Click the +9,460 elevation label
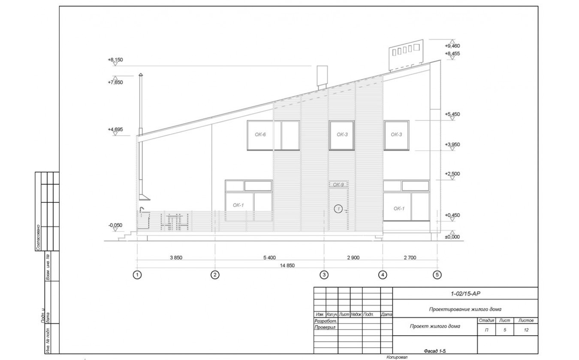[452, 46]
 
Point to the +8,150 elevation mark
[115, 60]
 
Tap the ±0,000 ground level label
[452, 237]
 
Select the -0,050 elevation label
[115, 225]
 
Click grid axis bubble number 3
[324, 275]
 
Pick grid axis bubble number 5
[437, 275]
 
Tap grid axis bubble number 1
[137, 275]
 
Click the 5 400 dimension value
[269, 258]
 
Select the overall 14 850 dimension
[287, 265]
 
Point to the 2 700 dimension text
[410, 258]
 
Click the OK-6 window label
[260, 135]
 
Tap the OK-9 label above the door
[338, 185]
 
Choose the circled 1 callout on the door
[338, 209]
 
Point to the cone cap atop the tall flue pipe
[141, 75]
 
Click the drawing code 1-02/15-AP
[465, 294]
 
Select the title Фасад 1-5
[435, 351]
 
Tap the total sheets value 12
[526, 330]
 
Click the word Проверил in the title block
[325, 327]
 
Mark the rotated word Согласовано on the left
[38, 237]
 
